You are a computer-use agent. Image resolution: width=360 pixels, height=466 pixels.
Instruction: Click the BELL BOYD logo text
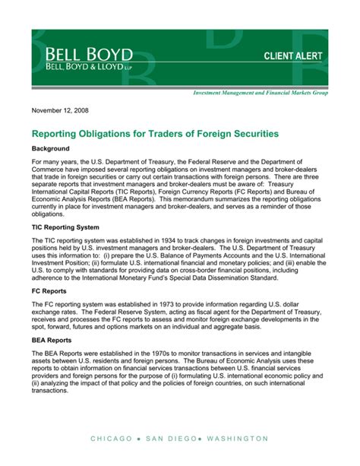point(90,55)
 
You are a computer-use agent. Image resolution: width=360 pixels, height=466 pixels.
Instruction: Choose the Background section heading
point(50,148)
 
